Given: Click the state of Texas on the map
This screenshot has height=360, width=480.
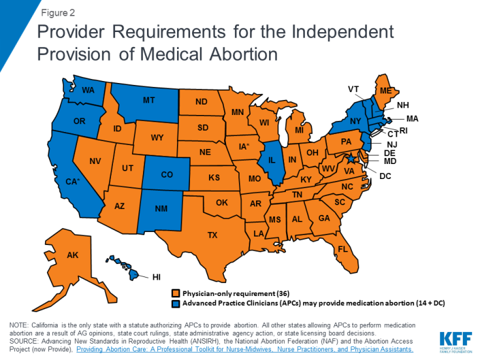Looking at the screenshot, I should click(x=212, y=235).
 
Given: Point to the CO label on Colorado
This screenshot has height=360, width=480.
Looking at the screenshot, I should click(x=167, y=174).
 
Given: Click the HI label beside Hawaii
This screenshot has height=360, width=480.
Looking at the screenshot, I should click(x=156, y=277).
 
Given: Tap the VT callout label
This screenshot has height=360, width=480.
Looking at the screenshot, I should click(x=353, y=90).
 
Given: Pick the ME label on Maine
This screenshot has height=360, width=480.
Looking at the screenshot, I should click(x=385, y=91).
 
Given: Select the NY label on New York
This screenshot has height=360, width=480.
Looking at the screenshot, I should click(x=356, y=122).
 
